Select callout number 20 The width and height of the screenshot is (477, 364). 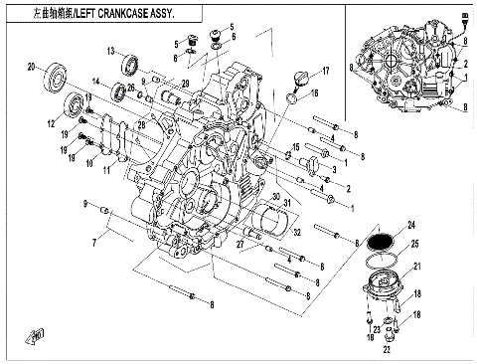click(31, 67)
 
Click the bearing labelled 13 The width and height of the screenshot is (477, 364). click(129, 66)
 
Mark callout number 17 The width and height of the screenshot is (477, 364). click(325, 72)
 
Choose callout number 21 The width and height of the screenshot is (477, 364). click(417, 267)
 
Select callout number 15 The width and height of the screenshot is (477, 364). click(296, 147)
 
